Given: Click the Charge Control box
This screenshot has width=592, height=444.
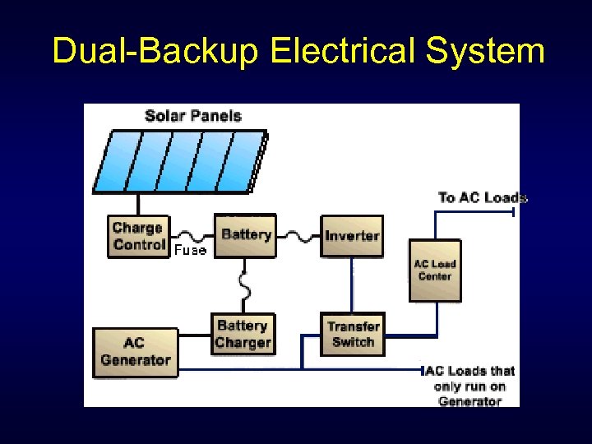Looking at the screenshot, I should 138,236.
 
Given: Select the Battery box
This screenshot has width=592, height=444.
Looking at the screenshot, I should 246,235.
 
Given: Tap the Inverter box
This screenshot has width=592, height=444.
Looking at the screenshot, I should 352,236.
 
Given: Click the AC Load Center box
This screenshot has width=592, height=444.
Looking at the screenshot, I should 435,271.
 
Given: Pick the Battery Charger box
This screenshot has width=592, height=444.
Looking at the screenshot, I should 243,335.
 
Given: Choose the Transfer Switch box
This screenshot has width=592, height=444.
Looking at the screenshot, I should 353,335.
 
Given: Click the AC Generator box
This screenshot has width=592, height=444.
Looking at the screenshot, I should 136,352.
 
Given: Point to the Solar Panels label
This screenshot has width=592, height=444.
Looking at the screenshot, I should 193,116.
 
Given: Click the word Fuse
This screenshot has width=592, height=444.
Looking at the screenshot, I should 190,250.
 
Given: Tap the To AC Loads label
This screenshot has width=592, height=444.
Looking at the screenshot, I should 483,197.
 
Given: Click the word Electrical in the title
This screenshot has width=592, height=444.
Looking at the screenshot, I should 344,51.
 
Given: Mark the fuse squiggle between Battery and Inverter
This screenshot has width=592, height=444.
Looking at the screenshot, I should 300,235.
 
